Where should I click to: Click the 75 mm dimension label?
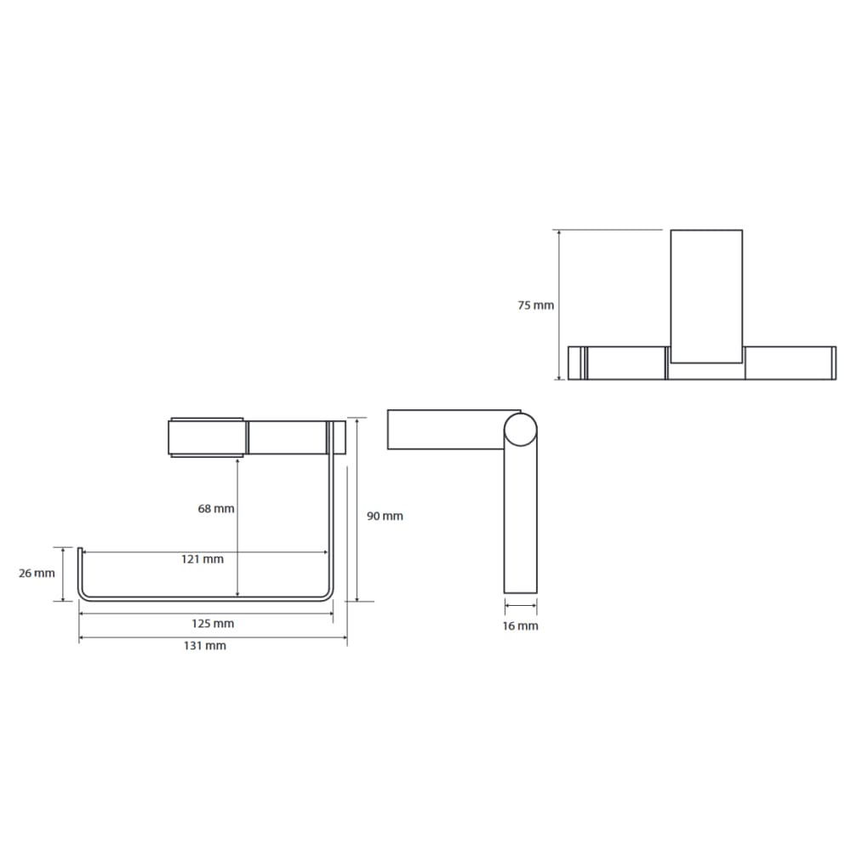535,306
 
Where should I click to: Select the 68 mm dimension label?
216,509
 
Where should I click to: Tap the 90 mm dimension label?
385,517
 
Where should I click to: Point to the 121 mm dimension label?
203,559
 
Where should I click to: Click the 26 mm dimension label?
37,573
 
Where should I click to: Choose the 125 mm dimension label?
213,624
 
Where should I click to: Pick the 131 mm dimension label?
204,646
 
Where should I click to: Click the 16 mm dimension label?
521,626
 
